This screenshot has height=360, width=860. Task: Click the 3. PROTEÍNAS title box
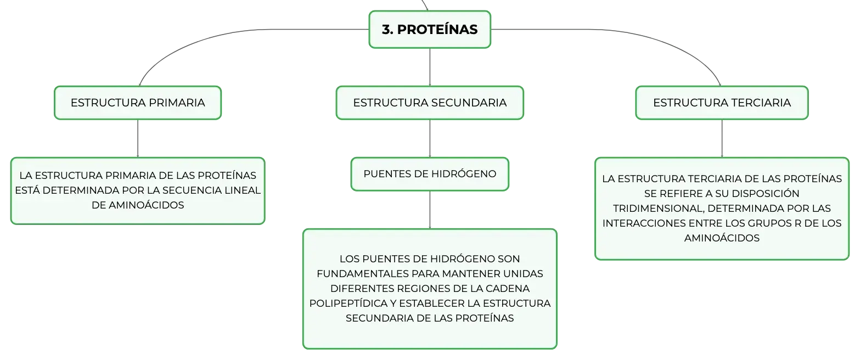coord(430,30)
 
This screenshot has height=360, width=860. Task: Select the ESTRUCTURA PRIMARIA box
coord(138,103)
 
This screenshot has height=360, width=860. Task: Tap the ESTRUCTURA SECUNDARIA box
coord(430,103)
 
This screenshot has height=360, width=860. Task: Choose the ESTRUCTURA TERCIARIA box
coord(722,103)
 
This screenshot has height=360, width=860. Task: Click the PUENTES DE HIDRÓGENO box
coord(430,174)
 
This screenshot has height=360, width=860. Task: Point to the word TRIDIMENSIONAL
coord(657,209)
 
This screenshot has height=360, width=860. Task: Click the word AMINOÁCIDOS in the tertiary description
coord(722,238)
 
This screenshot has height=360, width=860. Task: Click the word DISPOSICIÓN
coord(762,193)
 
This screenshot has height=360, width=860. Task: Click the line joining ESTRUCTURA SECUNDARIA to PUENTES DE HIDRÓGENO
coord(430,138)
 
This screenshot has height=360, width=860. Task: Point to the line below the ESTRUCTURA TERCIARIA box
coord(722,138)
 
